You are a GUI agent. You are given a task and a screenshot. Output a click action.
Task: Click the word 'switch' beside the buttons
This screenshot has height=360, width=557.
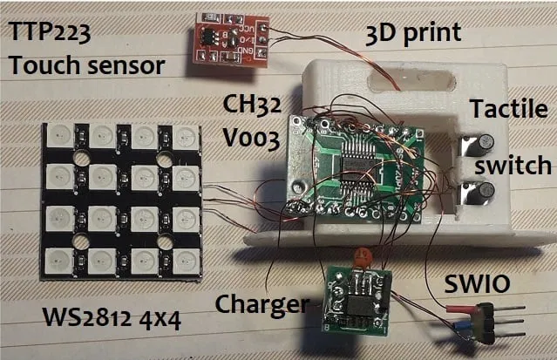(513, 165)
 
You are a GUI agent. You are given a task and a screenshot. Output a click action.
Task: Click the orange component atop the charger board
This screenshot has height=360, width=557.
(356, 257)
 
